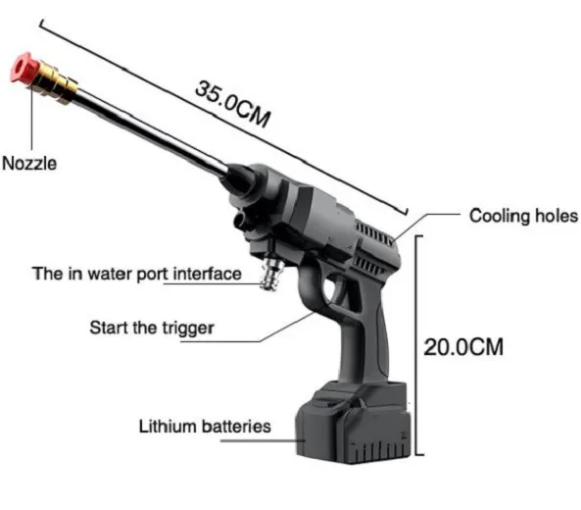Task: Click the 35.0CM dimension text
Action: [x=233, y=104]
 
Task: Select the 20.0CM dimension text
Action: [x=463, y=347]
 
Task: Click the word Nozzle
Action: [x=29, y=163]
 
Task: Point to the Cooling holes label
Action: [x=523, y=216]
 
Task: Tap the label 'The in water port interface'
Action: [x=137, y=274]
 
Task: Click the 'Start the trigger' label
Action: [x=152, y=328]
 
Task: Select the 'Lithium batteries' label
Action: [x=205, y=427]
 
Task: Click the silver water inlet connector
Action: [x=272, y=274]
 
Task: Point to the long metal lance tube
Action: [x=152, y=132]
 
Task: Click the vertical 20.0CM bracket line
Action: [x=416, y=345]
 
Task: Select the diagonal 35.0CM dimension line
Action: [x=223, y=118]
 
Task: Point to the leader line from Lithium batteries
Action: [x=263, y=441]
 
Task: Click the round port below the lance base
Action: [x=241, y=220]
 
